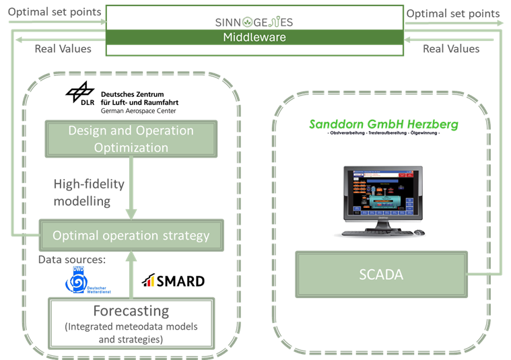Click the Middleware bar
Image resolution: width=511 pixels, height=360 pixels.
[254, 38]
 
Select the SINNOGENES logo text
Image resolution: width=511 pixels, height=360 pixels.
[254, 22]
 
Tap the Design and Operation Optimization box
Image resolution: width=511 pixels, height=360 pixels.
[131, 139]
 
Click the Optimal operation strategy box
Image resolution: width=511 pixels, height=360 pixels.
[131, 236]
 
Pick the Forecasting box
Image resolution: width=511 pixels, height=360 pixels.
[131, 322]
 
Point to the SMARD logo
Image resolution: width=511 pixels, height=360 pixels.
[172, 281]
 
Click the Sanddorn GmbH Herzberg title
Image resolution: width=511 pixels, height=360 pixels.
[383, 124]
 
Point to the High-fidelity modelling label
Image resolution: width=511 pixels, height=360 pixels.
[89, 192]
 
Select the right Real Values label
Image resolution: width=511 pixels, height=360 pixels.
[451, 48]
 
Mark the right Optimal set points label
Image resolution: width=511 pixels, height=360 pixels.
[453, 13]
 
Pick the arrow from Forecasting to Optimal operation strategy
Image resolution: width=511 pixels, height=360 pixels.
[131, 273]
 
